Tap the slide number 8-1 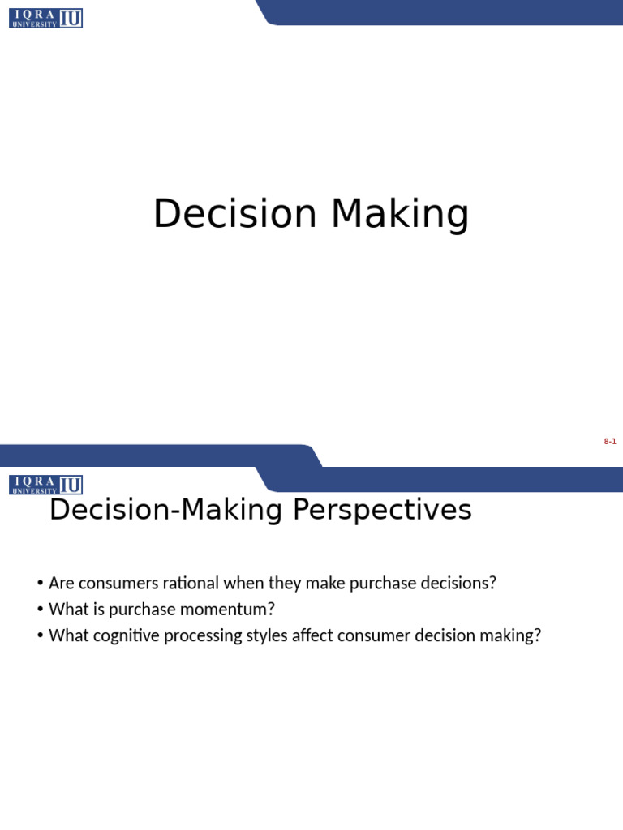(x=610, y=442)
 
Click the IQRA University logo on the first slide (x=46, y=18)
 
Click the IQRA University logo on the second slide (x=46, y=485)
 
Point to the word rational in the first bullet (x=192, y=583)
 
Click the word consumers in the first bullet (x=116, y=583)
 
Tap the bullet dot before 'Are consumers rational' (x=39, y=584)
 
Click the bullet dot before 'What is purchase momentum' (x=39, y=610)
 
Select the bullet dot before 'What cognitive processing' (x=39, y=635)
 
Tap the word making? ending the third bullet (x=512, y=635)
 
